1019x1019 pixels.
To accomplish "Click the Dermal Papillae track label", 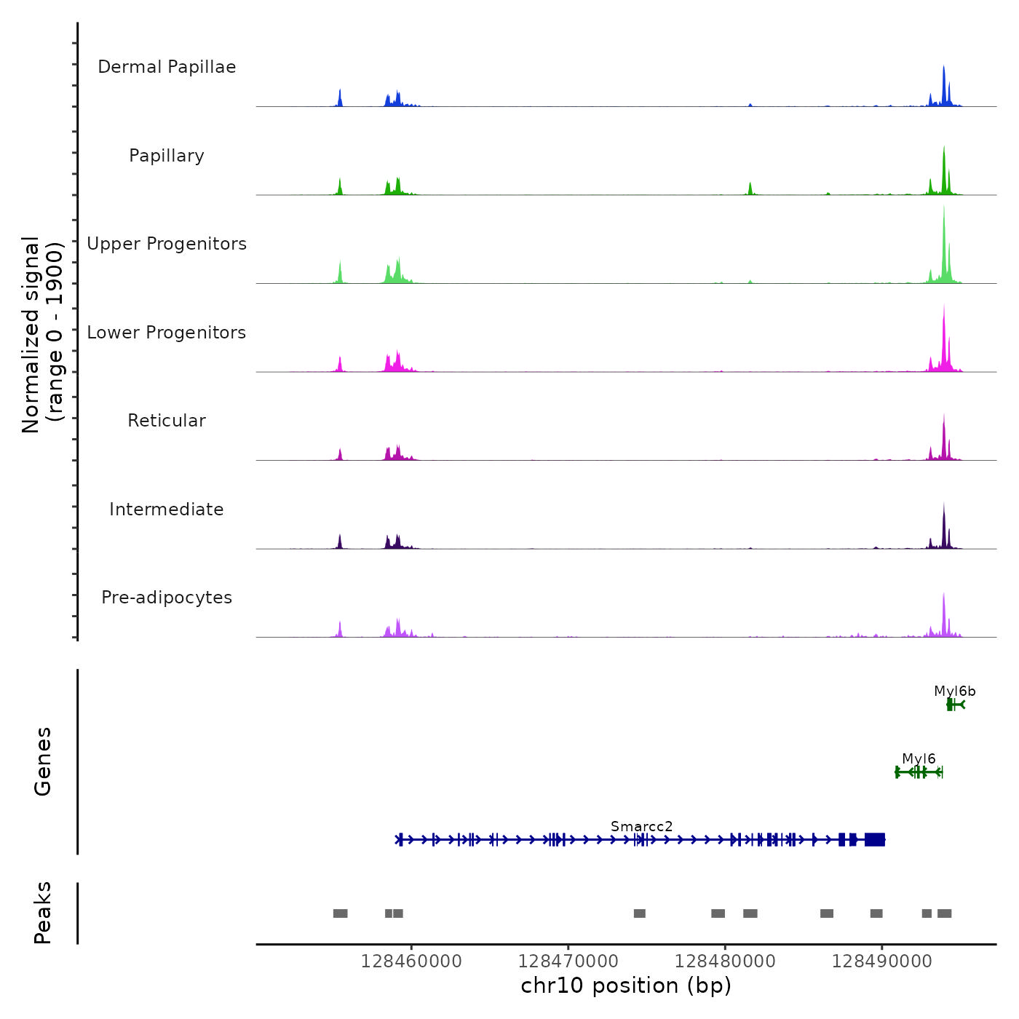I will pyautogui.click(x=167, y=67).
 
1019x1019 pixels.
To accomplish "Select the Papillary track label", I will pyautogui.click(x=167, y=156).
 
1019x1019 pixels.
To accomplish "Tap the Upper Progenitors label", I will pyautogui.click(x=167, y=244).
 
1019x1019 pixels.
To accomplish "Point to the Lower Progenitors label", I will pyautogui.click(x=167, y=333).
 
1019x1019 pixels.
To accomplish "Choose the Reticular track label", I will pyautogui.click(x=167, y=421).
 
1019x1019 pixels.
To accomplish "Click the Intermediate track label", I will pyautogui.click(x=167, y=509).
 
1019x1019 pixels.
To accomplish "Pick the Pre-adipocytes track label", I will pyautogui.click(x=167, y=598).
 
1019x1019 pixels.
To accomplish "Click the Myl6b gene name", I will pyautogui.click(x=954, y=691).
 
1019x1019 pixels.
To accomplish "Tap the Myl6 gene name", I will pyautogui.click(x=919, y=759).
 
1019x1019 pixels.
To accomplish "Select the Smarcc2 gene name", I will pyautogui.click(x=641, y=827).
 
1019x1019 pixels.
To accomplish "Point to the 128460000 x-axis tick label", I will pyautogui.click(x=411, y=961).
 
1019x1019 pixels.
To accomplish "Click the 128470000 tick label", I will pyautogui.click(x=568, y=961).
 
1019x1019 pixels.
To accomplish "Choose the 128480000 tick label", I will pyautogui.click(x=725, y=961).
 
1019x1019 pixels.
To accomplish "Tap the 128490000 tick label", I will pyautogui.click(x=882, y=961).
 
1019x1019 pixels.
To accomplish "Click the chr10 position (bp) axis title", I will pyautogui.click(x=626, y=986).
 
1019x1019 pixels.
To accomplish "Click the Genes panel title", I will pyautogui.click(x=43, y=761).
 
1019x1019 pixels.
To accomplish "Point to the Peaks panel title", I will pyautogui.click(x=43, y=913).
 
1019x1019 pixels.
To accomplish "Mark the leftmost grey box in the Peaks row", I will pyautogui.click(x=340, y=913).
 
